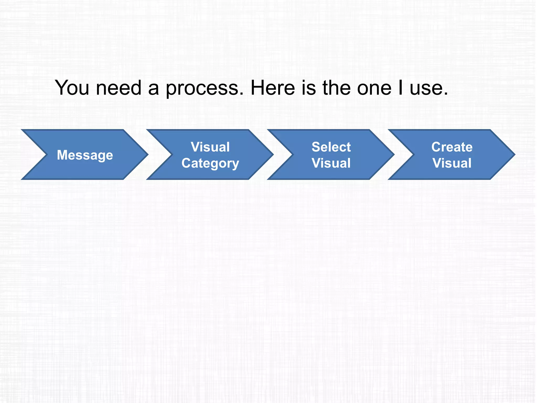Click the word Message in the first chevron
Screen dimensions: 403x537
tap(85, 155)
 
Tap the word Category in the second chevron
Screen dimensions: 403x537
tap(210, 163)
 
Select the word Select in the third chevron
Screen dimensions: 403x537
tap(331, 147)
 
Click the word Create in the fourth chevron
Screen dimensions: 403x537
tap(452, 147)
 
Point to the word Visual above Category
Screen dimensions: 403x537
tap(210, 147)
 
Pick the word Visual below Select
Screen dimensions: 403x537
tap(331, 163)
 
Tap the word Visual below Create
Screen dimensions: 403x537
tap(452, 163)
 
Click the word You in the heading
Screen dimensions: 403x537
tap(72, 88)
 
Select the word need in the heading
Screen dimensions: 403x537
tap(119, 88)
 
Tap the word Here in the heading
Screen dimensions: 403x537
tap(273, 88)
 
